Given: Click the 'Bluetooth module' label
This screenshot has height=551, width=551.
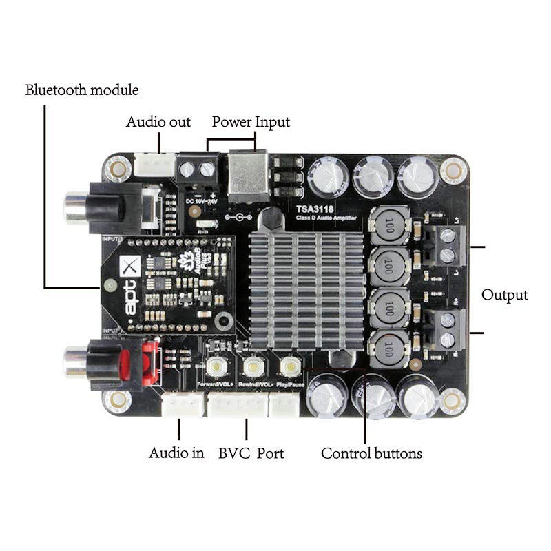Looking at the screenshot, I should point(82,90).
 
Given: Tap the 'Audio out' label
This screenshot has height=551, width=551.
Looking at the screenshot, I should point(158,122).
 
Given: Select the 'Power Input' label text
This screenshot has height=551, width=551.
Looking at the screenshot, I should point(251,122).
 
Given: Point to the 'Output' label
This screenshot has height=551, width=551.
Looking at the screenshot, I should point(504,295).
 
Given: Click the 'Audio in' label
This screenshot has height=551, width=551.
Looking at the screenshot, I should point(176,453).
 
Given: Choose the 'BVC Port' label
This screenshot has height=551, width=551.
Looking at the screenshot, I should point(251,453).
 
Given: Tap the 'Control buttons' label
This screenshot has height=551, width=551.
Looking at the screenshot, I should point(371,453).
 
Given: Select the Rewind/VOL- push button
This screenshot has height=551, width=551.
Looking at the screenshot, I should point(253,366).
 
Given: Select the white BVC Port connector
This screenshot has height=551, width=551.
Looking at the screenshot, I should point(237,406).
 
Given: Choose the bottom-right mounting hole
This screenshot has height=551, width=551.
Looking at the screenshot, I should point(452,399).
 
